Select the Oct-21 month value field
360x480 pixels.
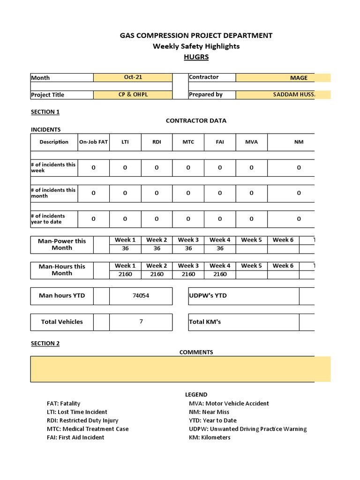pos(133,77)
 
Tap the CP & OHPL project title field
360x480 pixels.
pos(133,95)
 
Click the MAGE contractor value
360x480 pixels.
pos(299,78)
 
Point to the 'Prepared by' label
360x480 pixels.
pos(206,95)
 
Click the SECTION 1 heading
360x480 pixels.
pos(45,112)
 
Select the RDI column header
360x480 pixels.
pos(157,142)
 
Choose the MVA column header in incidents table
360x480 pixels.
pos(251,142)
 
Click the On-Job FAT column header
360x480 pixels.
pos(93,142)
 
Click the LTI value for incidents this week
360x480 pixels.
pos(125,168)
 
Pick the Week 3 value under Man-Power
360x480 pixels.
pos(188,248)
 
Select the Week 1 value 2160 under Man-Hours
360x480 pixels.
pos(125,274)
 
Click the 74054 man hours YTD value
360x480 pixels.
pos(141,296)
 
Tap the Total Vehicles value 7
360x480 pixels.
pos(141,322)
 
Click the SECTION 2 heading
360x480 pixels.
pos(45,344)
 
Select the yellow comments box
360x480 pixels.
pos(180,369)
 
